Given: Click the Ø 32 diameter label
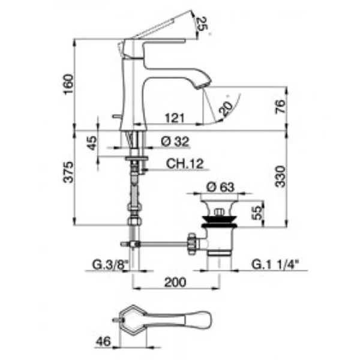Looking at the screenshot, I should [175, 142].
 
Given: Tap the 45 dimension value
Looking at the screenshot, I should [92, 144].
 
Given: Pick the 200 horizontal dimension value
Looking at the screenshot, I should [174, 281].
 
